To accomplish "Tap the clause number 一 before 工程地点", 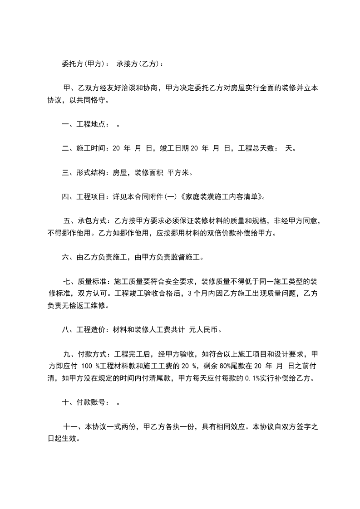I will click(65, 124).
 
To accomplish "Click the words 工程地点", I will click(93, 124).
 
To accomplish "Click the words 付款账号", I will click(93, 402).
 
